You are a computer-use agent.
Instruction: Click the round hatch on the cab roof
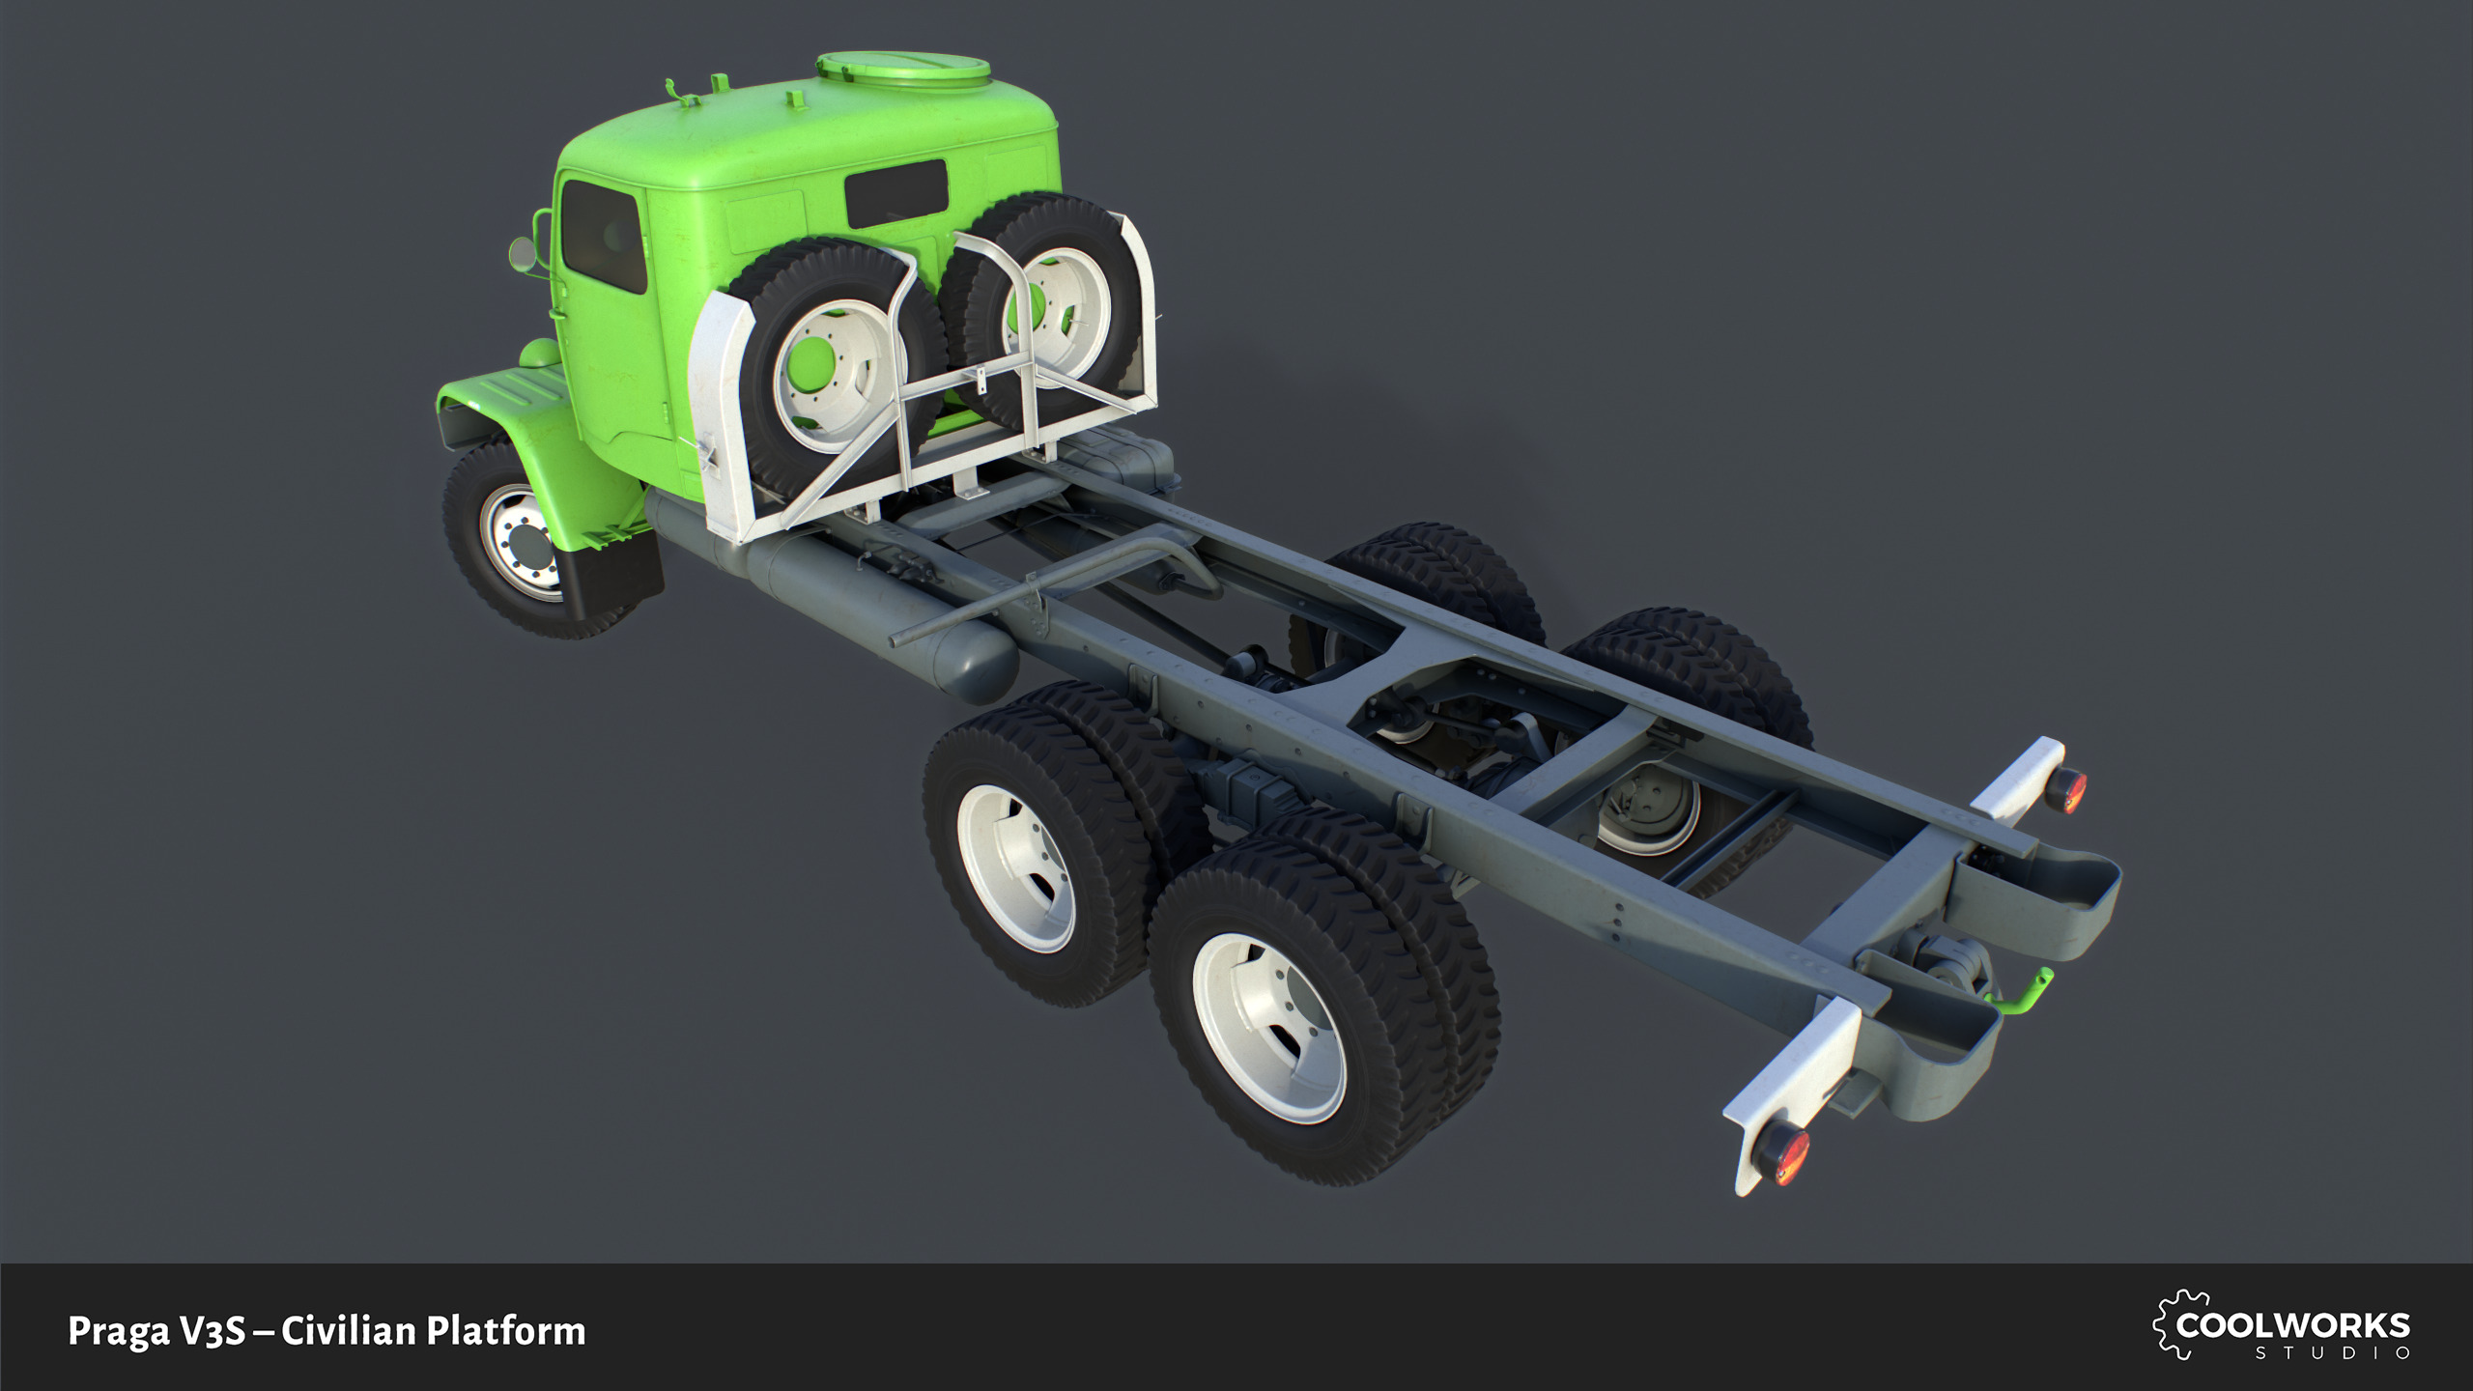tap(903, 68)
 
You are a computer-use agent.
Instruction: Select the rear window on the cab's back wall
tap(896, 193)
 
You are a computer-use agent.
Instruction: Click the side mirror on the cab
tap(522, 256)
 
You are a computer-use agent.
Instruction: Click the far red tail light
tap(2069, 789)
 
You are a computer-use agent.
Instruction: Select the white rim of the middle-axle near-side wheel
tap(1016, 867)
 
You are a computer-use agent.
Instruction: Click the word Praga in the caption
tap(118, 1331)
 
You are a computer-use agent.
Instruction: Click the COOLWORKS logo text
tap(2292, 1325)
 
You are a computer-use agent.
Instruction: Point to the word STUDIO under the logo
tap(2332, 1353)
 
